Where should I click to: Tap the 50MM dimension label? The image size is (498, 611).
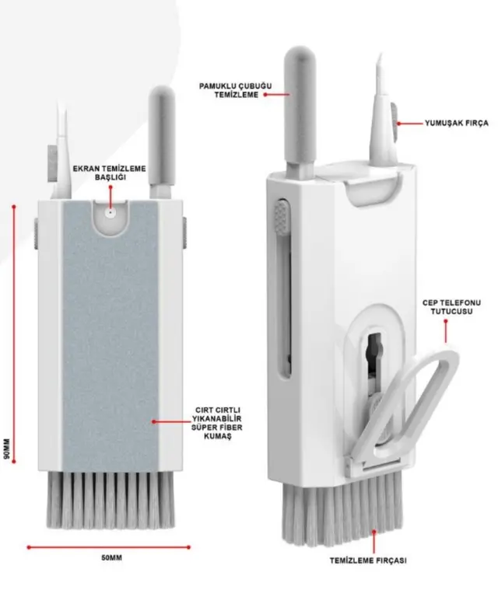[x=110, y=558]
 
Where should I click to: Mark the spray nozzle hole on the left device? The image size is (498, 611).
[x=111, y=211]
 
